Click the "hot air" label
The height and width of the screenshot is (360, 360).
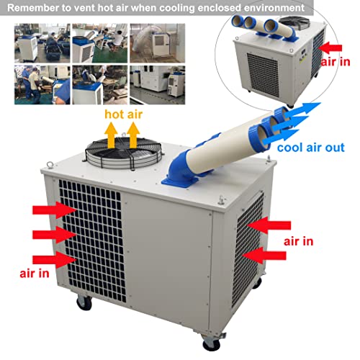click(122, 115)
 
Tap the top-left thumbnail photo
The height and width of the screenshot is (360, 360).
click(32, 42)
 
